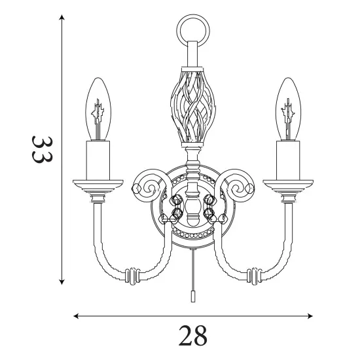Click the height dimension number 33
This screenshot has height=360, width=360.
pos(43,150)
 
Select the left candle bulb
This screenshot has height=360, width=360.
pos(98,109)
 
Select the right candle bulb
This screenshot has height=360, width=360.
pos(288,109)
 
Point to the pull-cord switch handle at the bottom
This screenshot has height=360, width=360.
pos(192,297)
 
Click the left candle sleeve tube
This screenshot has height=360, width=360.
pos(98,160)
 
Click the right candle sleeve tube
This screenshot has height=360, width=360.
pos(288,160)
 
